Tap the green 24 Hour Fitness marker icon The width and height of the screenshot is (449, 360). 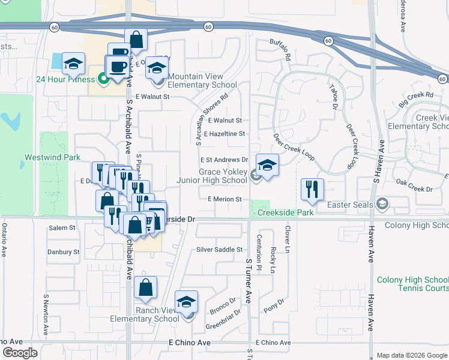coord(103,78)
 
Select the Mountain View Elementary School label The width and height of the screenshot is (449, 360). coord(195,80)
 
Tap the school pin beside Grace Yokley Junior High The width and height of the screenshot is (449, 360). coord(267,166)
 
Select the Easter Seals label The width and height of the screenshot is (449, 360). coord(351,205)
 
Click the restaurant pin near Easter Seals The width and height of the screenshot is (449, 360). coord(312,189)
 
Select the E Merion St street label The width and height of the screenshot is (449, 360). coord(224,199)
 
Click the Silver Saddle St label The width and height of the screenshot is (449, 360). coord(219,250)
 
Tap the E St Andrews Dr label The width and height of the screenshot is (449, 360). coord(224,160)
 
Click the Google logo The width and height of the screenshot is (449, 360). coord(20,353)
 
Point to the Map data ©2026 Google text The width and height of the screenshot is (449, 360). coord(412,355)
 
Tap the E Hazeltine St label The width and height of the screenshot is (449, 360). coord(224,134)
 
